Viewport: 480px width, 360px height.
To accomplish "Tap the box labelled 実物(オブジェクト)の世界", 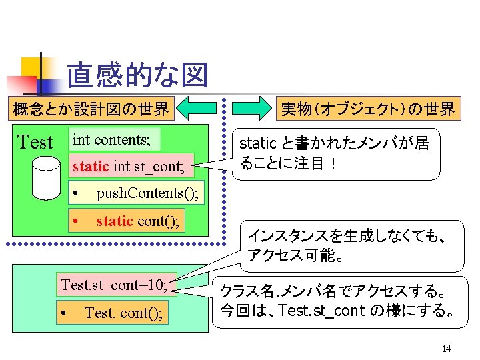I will pos(367,109).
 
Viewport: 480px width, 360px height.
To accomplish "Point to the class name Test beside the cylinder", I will pos(35,142).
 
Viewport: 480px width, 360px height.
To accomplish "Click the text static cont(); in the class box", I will pos(138,220).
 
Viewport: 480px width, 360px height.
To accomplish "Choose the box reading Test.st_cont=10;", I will pos(117,285).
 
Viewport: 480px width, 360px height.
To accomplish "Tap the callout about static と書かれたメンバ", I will pos(339,153).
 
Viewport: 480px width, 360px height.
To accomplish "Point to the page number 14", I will pos(446,349).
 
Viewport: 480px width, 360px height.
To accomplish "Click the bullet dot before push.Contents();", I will pos(77,194).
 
